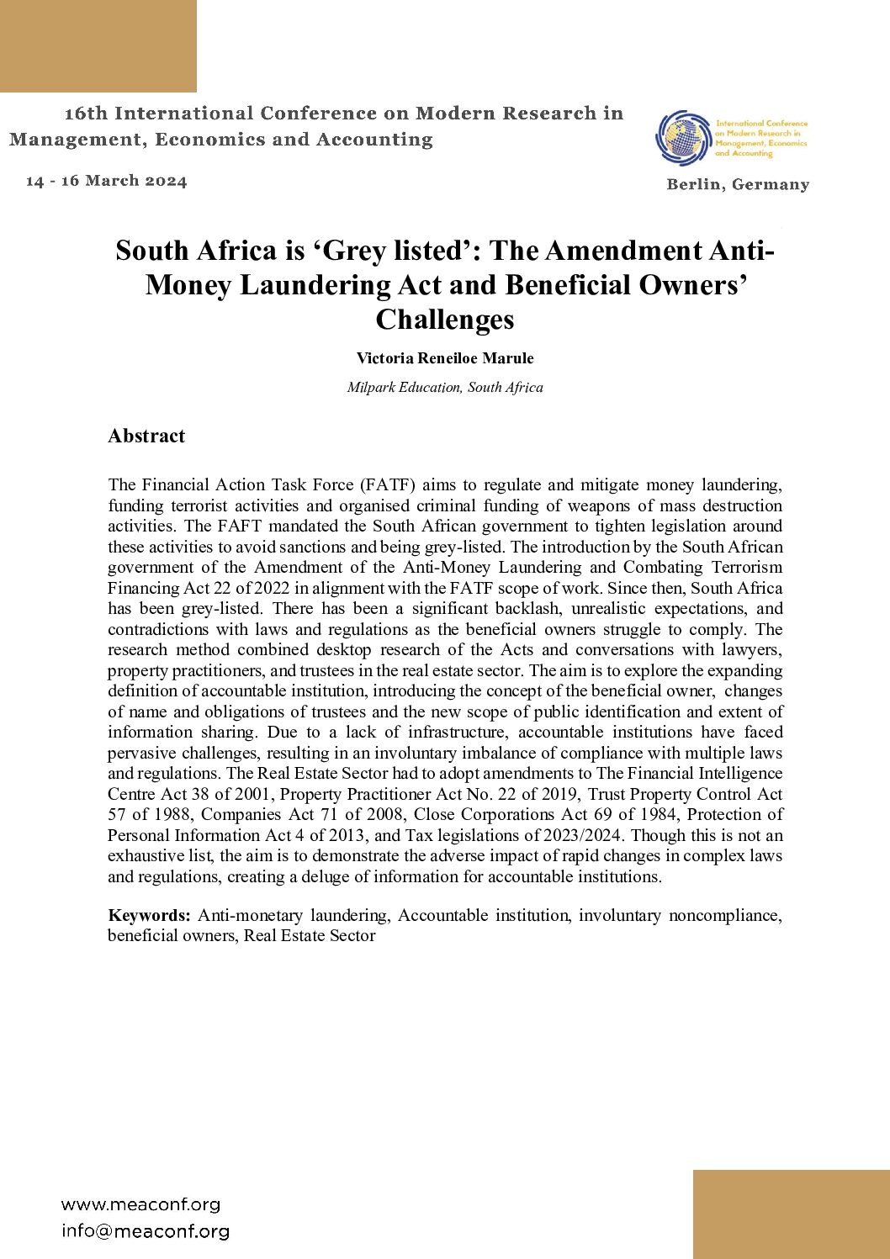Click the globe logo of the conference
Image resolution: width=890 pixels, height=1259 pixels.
[684, 137]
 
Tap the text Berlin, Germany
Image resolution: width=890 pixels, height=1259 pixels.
[738, 184]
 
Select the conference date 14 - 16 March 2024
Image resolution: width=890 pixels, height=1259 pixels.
[107, 181]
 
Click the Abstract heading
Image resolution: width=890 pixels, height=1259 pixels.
[146, 436]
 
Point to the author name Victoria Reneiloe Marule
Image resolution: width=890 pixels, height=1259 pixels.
[445, 358]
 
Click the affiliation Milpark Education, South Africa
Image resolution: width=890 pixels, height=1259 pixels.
[445, 387]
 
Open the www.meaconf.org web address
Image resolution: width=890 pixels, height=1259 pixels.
[140, 1204]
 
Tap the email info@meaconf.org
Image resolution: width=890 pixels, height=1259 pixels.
[145, 1231]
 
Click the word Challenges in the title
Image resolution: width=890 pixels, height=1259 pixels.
[445, 320]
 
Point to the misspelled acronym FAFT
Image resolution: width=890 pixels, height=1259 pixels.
[241, 526]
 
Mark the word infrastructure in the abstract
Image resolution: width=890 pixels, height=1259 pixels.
[458, 732]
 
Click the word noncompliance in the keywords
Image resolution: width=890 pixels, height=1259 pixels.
[724, 915]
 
